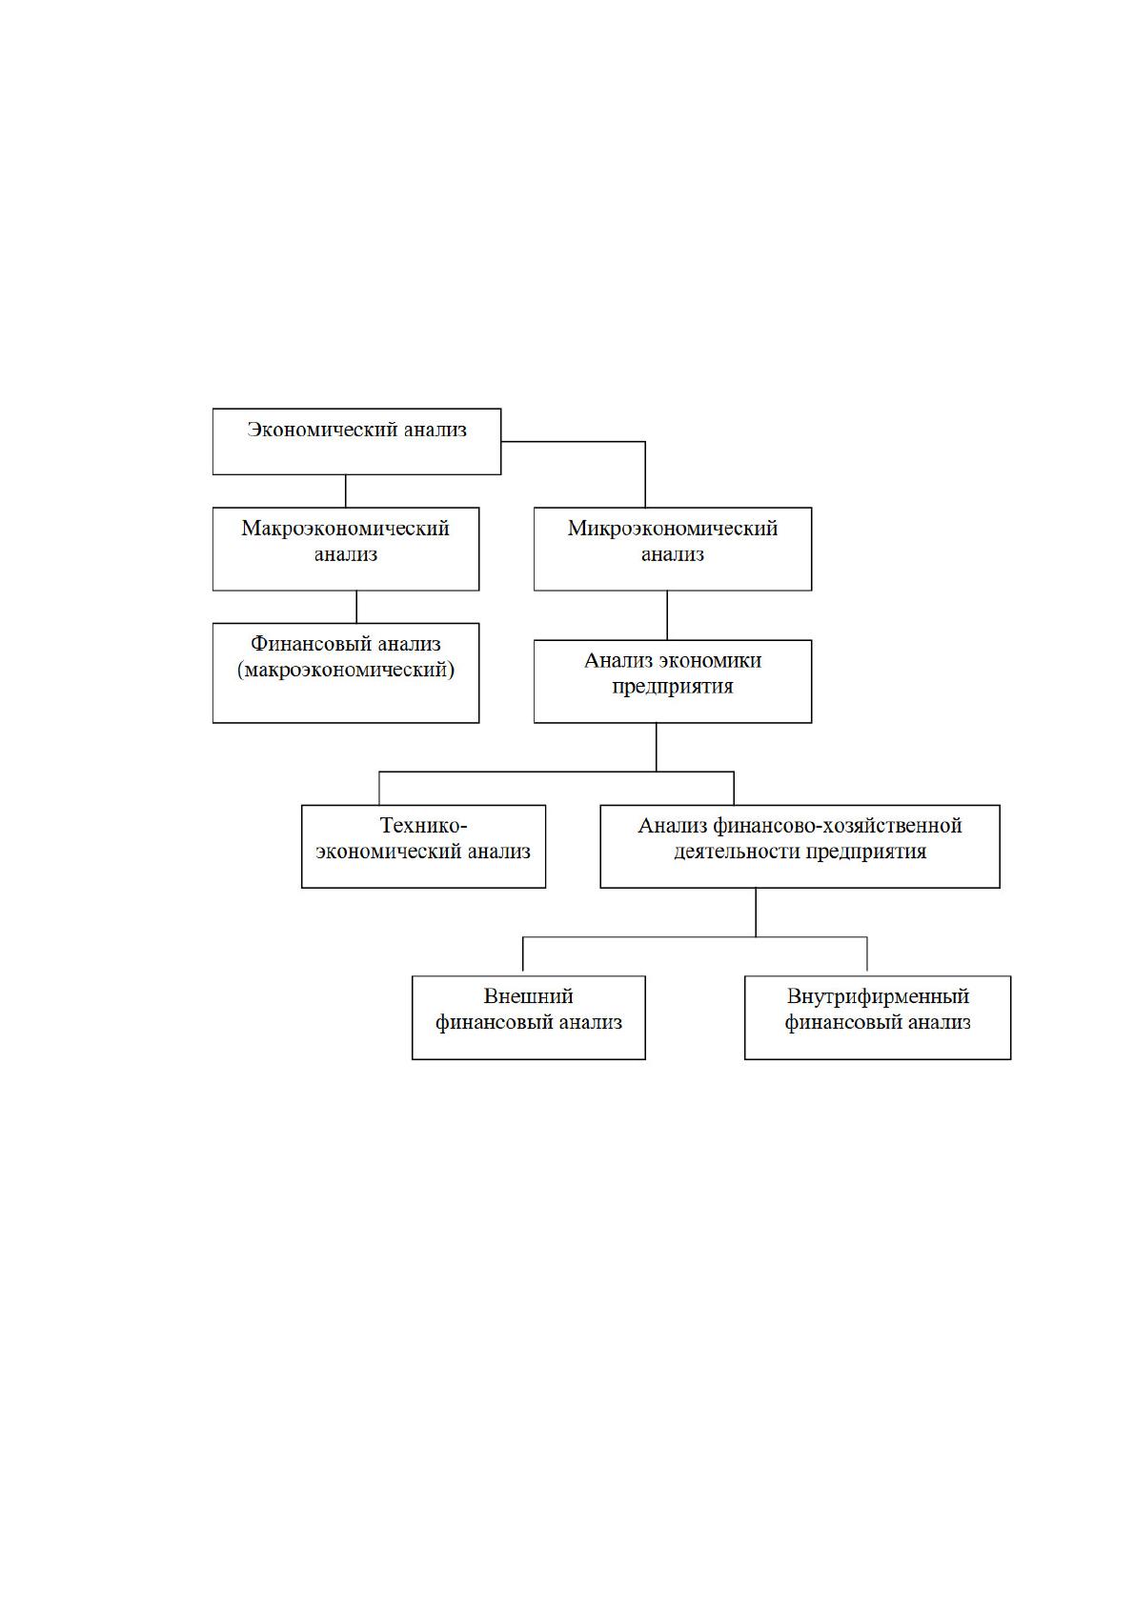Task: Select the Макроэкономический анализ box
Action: (345, 549)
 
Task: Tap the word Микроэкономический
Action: (672, 529)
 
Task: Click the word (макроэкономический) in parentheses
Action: (345, 671)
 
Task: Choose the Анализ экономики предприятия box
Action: (672, 681)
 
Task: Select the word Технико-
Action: (423, 826)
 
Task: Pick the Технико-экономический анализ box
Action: (423, 847)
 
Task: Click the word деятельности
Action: (738, 852)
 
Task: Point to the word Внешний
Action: (528, 996)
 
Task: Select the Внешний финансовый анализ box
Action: (528, 1017)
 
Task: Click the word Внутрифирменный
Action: (878, 996)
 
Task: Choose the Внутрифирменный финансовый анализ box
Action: (878, 1017)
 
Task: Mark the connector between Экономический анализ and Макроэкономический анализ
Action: (345, 491)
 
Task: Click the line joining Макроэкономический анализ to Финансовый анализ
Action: (356, 608)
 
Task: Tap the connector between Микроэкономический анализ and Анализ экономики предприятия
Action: (667, 615)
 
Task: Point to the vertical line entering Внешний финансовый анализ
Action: (522, 956)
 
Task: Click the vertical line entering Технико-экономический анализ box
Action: (379, 789)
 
